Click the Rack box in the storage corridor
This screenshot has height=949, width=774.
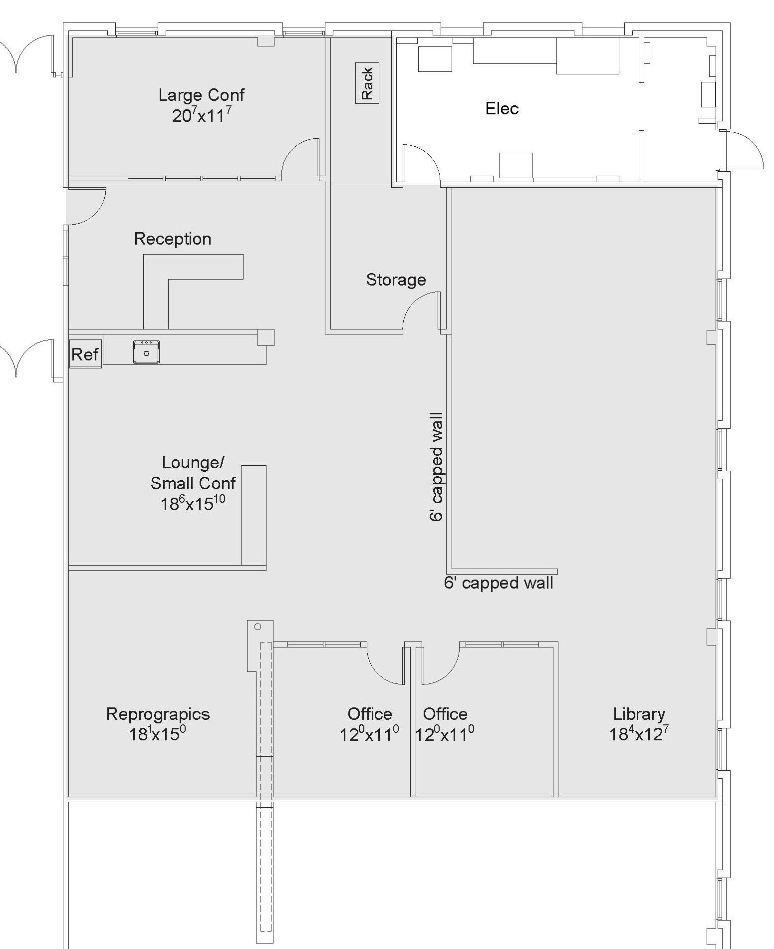point(367,83)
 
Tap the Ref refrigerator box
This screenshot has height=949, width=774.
point(85,354)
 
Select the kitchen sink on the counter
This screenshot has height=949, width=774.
point(146,351)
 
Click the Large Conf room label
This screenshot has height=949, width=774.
point(202,95)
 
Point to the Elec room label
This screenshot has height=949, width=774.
point(502,108)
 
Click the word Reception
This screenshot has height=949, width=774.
point(173,239)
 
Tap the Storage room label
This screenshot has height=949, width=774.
point(396,280)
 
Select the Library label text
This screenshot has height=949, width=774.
point(639,714)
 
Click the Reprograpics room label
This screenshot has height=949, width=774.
point(158,714)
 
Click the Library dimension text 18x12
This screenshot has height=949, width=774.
point(639,733)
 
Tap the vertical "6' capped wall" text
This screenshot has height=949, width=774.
point(436,467)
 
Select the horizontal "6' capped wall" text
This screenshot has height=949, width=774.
point(499,583)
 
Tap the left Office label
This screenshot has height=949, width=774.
point(370,714)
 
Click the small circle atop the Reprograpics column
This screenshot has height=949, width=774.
point(258,627)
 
